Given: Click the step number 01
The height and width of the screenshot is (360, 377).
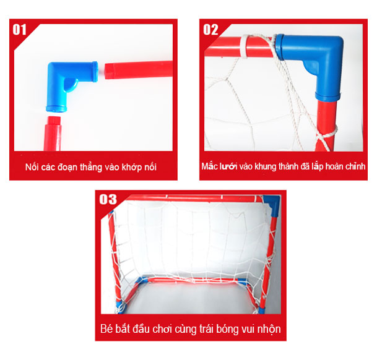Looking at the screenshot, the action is tap(19, 30).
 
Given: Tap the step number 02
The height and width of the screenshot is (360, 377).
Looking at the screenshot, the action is tap(210, 30).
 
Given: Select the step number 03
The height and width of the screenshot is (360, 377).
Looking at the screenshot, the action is tap(108, 199).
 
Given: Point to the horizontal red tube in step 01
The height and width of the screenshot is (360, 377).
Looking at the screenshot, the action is tap(139, 70).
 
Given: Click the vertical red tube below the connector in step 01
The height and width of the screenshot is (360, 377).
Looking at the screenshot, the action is tap(53, 134).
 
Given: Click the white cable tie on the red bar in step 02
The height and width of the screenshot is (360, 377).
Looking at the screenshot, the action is tap(245, 47).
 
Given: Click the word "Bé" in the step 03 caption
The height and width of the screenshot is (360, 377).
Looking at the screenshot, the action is tap(106, 328).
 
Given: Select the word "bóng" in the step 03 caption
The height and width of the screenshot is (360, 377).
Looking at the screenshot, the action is tap(227, 329).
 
